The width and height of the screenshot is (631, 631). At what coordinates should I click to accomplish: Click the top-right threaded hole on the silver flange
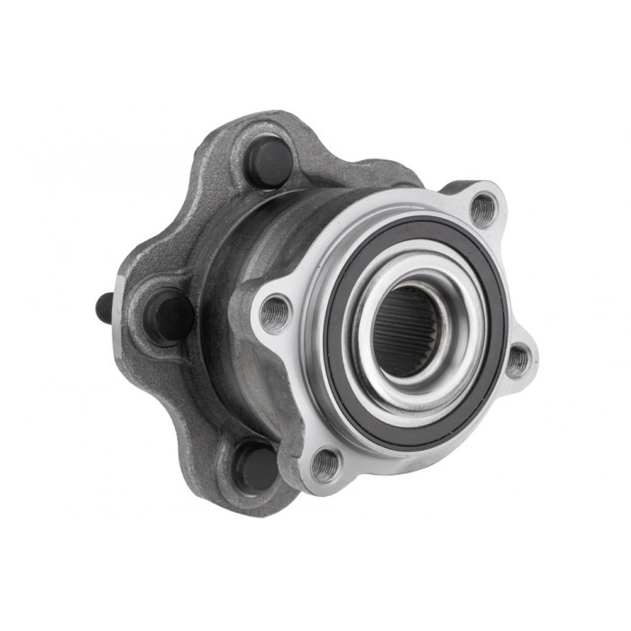484,210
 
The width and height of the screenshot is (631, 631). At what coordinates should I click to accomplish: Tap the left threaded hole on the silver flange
275,313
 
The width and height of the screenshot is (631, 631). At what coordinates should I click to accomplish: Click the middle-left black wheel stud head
171,316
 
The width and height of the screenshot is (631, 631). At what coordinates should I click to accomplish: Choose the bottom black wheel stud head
257,467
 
